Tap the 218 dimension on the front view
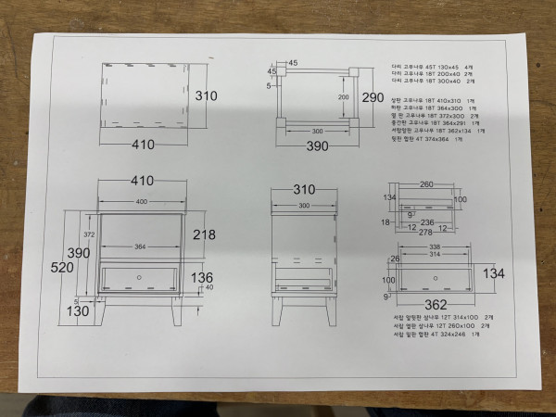203,234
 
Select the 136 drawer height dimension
201,277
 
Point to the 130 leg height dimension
77,310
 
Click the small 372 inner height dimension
89,234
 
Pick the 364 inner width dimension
142,246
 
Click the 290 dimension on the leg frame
373,97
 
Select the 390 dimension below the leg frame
318,145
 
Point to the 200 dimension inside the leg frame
343,96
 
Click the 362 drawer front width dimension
434,303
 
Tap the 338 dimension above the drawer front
435,247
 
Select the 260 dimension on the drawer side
425,183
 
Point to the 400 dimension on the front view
142,201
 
